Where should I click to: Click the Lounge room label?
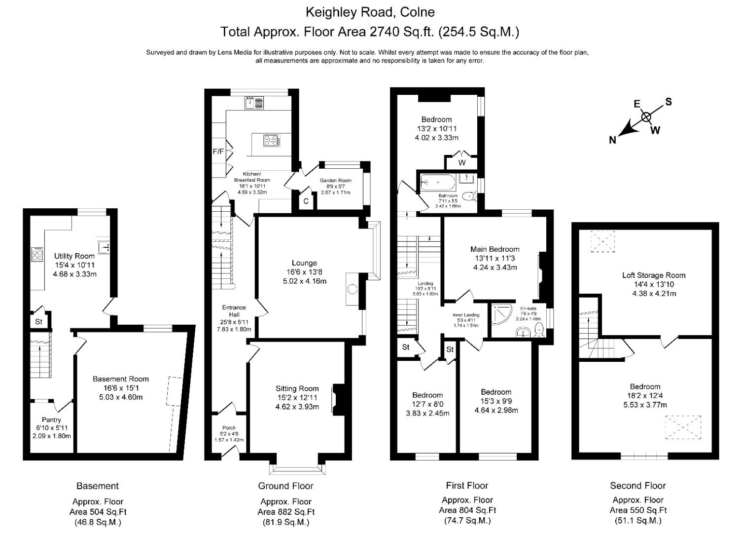pos(304,263)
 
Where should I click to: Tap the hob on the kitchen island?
pos(272,141)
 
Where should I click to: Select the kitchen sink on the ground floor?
pos(254,103)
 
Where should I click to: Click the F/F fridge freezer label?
pos(218,152)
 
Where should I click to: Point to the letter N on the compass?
pos(612,140)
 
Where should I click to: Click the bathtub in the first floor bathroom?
pos(438,183)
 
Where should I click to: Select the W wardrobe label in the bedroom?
pos(462,163)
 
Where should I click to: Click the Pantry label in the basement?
pos(51,419)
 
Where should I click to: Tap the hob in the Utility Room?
pos(37,254)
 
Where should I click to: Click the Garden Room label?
pos(335,181)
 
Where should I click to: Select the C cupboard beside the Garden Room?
pos(306,201)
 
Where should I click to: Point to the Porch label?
pos(229,427)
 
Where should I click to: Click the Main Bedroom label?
pos(495,249)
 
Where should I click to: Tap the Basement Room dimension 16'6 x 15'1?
pos(121,388)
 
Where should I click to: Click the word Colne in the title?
pos(418,11)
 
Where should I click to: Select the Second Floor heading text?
pos(637,486)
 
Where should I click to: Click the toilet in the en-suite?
pos(539,329)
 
